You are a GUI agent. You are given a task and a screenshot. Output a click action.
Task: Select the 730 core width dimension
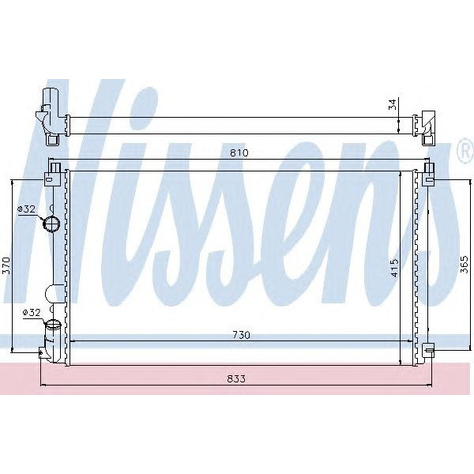click(x=242, y=335)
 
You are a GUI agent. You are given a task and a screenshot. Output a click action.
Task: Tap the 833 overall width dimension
click(x=236, y=378)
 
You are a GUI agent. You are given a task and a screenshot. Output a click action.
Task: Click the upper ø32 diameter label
click(x=27, y=209)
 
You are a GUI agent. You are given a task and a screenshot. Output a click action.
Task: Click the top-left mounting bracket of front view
click(x=55, y=167)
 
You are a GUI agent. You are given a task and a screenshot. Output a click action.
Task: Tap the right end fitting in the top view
click(x=427, y=125)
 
